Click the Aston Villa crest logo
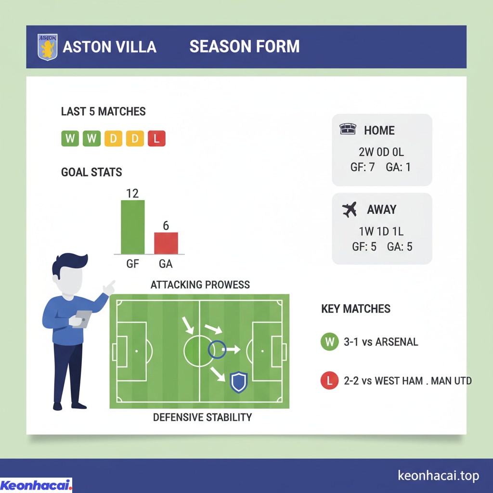[x=48, y=47]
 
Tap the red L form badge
[x=156, y=138]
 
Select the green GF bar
[x=133, y=227]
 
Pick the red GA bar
[x=166, y=243]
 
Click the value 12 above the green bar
[x=132, y=194]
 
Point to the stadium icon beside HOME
[x=348, y=129]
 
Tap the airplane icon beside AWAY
[x=350, y=209]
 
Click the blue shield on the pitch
[x=239, y=382]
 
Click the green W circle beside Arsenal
[x=329, y=341]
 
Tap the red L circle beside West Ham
[x=329, y=380]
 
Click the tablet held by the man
[x=82, y=319]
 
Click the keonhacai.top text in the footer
[x=438, y=475]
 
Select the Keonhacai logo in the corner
[x=36, y=485]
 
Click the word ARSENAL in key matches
[x=397, y=342]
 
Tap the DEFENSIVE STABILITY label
[x=203, y=417]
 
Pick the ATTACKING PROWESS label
[x=200, y=285]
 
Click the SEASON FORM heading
[x=245, y=47]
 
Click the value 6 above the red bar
[x=166, y=225]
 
